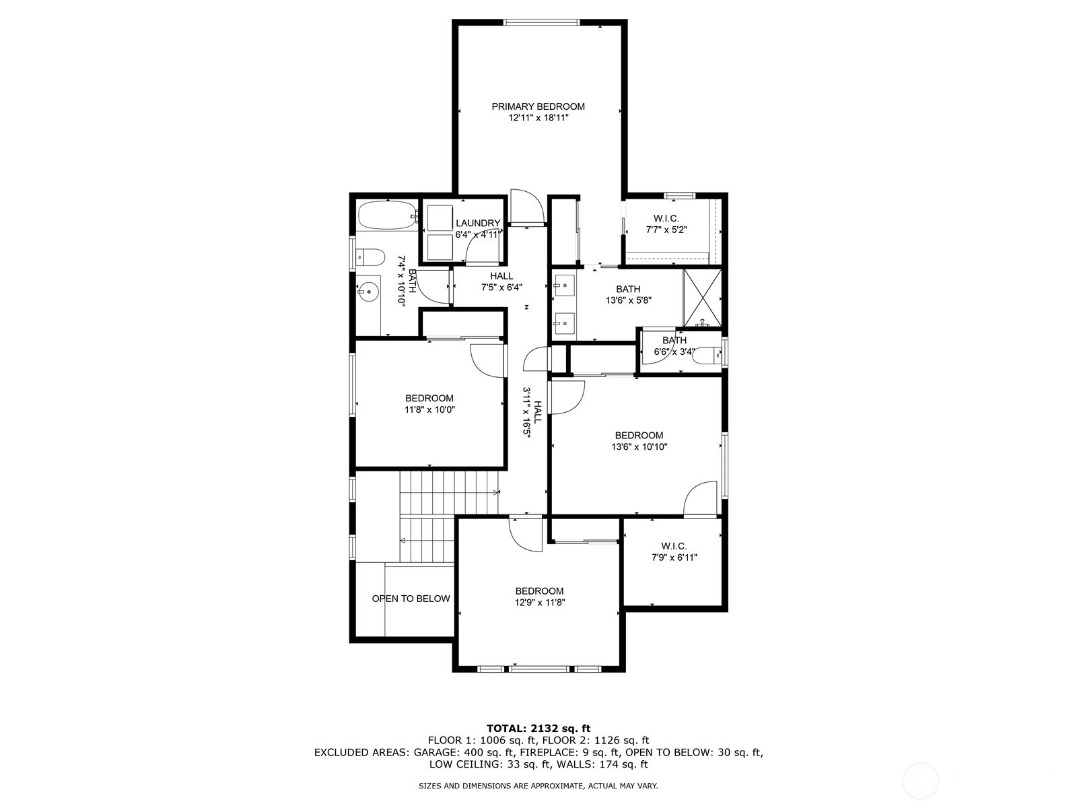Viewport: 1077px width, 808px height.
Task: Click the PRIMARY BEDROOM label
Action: click(x=538, y=106)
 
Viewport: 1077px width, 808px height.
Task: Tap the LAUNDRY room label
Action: click(x=478, y=224)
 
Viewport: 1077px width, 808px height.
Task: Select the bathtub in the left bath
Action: click(x=388, y=216)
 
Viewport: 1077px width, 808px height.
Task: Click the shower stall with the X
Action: click(x=703, y=298)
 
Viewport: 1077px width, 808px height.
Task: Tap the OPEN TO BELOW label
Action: click(x=411, y=599)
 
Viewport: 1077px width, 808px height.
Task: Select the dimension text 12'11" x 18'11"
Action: click(x=538, y=118)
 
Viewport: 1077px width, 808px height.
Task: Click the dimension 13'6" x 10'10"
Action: click(x=639, y=447)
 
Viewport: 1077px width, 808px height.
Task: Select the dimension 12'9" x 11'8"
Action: click(x=540, y=603)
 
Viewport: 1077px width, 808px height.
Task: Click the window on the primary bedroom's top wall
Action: click(x=541, y=22)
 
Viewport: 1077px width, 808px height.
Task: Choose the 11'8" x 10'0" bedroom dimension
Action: click(x=430, y=409)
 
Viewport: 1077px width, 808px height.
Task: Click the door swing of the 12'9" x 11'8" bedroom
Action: click(x=526, y=534)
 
